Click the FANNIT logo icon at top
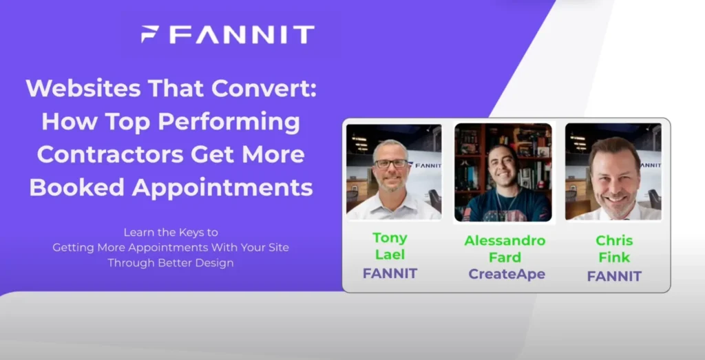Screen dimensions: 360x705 coord(150,34)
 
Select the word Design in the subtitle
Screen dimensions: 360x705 coord(214,262)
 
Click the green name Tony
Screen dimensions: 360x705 coord(390,238)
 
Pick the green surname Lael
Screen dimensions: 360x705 coord(390,255)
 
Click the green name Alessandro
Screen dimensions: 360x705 coord(505,240)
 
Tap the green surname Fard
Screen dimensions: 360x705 coord(506,257)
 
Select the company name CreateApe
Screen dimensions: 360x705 coord(507,274)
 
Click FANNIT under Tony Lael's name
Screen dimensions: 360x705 coord(390,273)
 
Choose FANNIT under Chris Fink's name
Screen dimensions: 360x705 coord(614,277)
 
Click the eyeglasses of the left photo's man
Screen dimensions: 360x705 coord(390,164)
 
